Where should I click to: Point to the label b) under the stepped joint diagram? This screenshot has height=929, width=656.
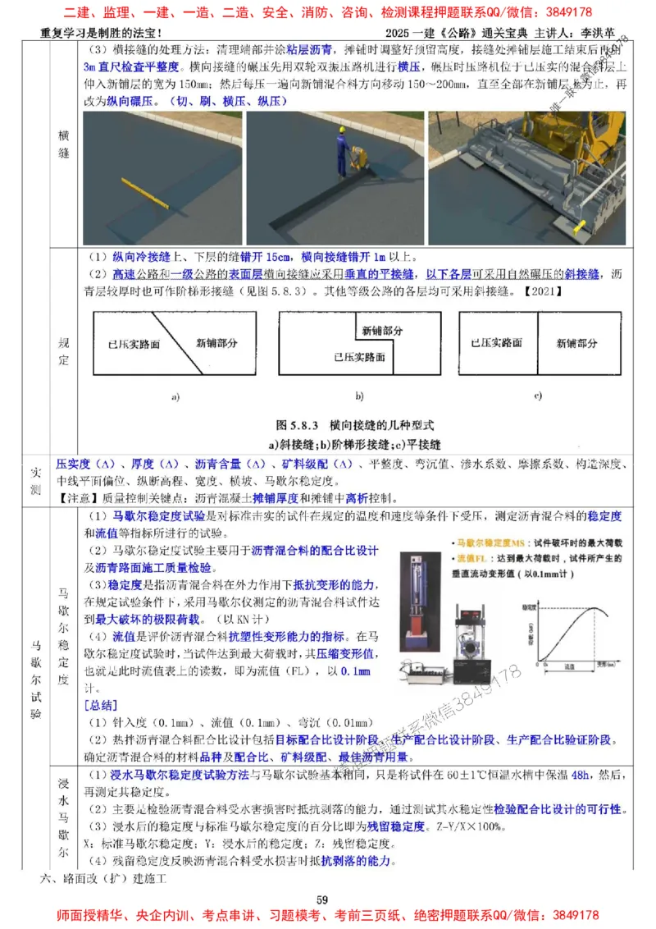point(358,396)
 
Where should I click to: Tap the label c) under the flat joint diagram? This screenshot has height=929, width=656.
point(538,396)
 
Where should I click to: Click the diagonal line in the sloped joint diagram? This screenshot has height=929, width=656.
point(175,345)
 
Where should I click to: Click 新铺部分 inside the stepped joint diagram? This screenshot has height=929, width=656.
point(382,330)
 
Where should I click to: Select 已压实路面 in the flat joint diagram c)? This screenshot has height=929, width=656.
point(492,342)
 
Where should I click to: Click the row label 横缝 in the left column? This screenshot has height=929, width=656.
point(63,144)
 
